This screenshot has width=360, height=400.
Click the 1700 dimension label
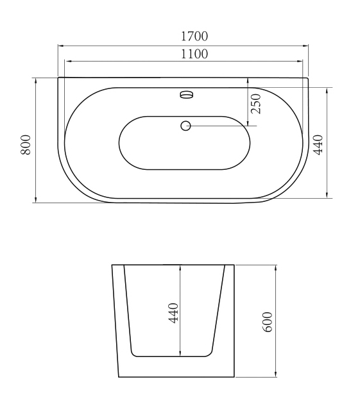pyautogui.click(x=194, y=37)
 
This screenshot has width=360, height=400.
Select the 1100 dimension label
pyautogui.click(x=194, y=54)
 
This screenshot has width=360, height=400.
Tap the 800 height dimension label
pyautogui.click(x=26, y=145)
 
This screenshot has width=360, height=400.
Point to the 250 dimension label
pyautogui.click(x=256, y=104)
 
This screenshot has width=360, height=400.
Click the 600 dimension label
pyautogui.click(x=268, y=322)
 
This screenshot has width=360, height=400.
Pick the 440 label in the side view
pyautogui.click(x=174, y=313)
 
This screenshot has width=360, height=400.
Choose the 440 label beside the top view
pyautogui.click(x=318, y=145)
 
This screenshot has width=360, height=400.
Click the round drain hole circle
pyautogui.click(x=185, y=126)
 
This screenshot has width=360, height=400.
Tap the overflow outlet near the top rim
pyautogui.click(x=187, y=94)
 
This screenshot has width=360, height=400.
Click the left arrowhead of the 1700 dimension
pyautogui.click(x=61, y=46)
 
